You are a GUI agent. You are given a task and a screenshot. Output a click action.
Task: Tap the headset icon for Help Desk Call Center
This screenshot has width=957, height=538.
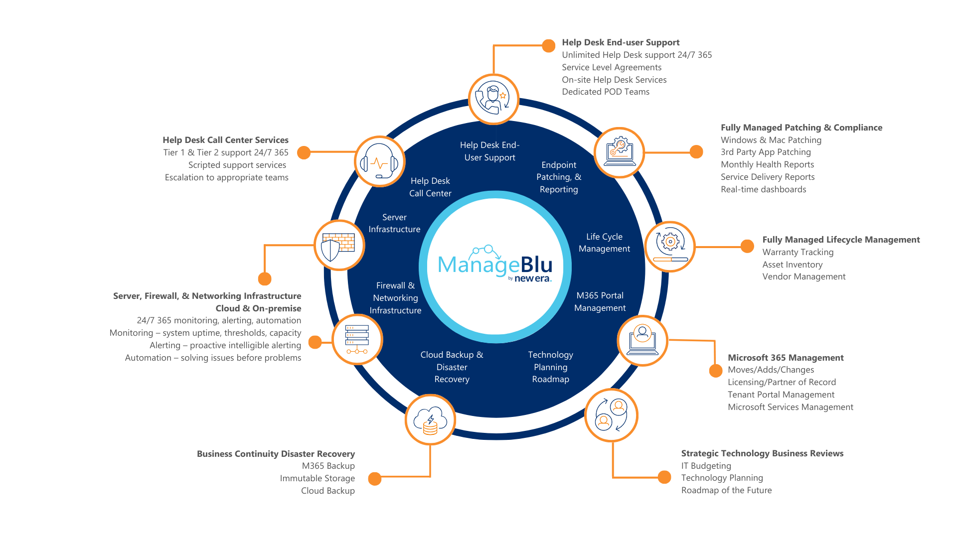[x=380, y=162]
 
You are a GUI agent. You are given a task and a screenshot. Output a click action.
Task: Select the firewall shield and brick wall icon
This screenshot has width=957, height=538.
[x=339, y=246]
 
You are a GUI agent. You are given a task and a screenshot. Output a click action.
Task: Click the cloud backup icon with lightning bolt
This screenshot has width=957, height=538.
[x=430, y=420]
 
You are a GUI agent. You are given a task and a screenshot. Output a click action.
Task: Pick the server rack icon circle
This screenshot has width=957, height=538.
[x=357, y=340]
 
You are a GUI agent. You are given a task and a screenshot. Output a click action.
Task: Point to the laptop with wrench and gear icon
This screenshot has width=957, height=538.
[x=619, y=152]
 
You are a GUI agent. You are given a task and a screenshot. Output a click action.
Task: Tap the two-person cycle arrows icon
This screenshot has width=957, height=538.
[x=611, y=415]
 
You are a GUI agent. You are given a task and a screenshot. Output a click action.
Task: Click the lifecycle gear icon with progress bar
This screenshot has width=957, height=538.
[x=670, y=246]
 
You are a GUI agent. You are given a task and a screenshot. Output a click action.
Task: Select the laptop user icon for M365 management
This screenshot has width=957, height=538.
[x=642, y=340]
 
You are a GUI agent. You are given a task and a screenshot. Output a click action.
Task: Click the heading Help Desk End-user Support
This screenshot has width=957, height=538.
[x=621, y=42]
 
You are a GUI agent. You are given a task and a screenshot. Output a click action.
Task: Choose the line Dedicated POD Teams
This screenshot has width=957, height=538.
[x=606, y=92]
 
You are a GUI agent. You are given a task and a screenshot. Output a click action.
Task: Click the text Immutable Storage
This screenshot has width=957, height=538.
[x=317, y=478]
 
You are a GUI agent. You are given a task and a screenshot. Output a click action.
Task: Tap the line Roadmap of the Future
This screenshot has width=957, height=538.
[x=726, y=490]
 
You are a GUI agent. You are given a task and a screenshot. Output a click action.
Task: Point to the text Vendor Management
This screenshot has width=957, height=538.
[x=803, y=276]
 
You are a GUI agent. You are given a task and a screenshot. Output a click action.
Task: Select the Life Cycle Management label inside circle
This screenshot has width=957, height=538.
[x=604, y=243]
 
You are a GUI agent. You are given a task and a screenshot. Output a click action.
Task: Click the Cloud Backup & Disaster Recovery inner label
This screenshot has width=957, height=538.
[x=452, y=367]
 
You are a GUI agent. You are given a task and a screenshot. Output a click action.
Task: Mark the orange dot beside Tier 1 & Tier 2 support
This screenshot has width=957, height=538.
[x=304, y=152]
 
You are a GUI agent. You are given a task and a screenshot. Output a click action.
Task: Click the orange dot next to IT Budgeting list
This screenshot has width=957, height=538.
[x=664, y=477]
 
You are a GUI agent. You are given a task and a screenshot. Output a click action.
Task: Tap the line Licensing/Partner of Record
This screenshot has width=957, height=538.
[x=782, y=382]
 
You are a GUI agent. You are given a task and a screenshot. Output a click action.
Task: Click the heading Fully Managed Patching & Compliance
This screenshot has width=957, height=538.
[x=801, y=128]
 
